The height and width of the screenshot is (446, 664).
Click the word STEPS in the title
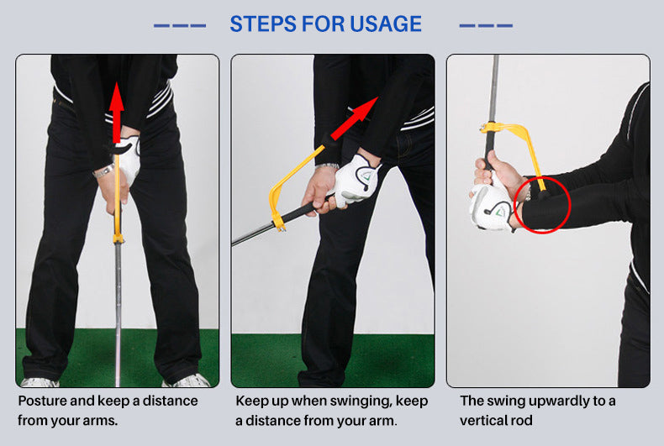(x=263, y=24)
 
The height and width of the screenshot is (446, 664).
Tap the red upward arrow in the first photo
(x=116, y=113)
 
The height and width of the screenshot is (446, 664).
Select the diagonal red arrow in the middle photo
(x=354, y=118)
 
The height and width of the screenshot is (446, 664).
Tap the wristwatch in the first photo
(x=103, y=171)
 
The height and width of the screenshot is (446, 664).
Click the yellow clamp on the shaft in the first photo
(x=119, y=238)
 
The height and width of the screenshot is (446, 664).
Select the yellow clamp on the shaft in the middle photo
(x=279, y=223)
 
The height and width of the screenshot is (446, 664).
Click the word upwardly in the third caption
(x=562, y=401)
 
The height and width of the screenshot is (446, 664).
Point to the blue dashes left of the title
(x=180, y=26)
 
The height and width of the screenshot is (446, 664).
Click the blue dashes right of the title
(x=486, y=26)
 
